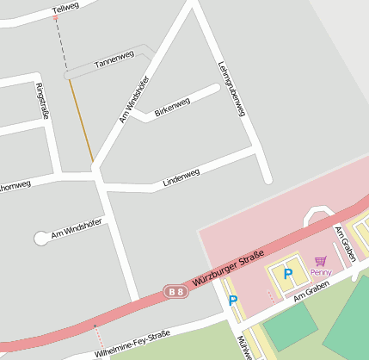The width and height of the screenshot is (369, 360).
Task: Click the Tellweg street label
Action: point(65,9)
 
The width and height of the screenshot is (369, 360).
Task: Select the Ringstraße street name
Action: point(40,101)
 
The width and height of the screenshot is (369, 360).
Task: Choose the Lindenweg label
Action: point(181,176)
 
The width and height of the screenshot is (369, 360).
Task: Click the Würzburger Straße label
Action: point(228,268)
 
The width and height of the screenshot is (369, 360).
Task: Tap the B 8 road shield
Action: point(175,293)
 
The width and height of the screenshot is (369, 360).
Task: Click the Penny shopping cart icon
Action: point(320,261)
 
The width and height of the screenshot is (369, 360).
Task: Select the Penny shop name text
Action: point(321,272)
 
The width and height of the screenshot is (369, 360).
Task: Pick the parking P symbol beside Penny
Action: point(288,274)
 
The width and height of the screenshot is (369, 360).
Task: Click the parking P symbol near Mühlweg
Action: point(232,301)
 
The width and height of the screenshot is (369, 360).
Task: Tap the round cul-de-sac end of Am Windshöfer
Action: point(40,238)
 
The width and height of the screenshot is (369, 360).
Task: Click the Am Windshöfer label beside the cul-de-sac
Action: point(77,227)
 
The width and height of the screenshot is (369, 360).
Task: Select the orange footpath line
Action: point(82,121)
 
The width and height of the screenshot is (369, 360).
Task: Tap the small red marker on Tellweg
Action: point(56,17)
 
